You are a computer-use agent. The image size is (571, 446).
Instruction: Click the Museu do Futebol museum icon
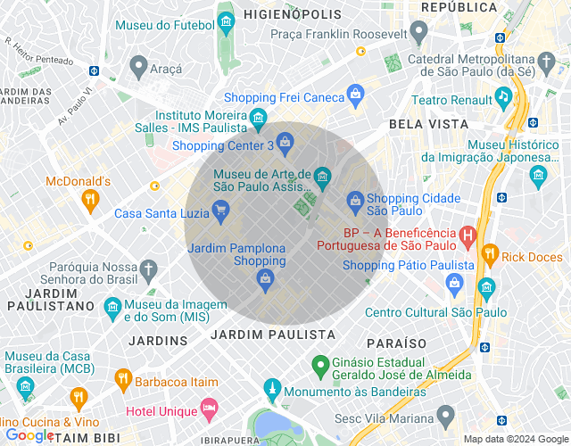tap(226, 21)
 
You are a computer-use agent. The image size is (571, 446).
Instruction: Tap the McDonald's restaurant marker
tap(89, 201)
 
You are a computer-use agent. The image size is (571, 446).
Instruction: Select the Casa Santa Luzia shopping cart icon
tap(219, 211)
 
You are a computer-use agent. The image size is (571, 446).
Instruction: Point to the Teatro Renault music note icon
tap(503, 95)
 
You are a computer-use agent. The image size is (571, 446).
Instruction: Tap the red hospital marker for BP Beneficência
tap(468, 235)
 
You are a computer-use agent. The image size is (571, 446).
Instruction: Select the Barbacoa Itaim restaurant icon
tap(123, 381)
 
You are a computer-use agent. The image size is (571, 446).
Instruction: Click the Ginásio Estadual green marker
tap(318, 364)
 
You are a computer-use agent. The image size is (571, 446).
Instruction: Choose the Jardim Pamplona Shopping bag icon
tap(264, 280)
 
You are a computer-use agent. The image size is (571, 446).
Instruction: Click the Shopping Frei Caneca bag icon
tap(355, 94)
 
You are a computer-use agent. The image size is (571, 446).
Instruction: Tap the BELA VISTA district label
tap(428, 124)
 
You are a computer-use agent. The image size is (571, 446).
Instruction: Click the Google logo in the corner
tap(29, 435)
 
